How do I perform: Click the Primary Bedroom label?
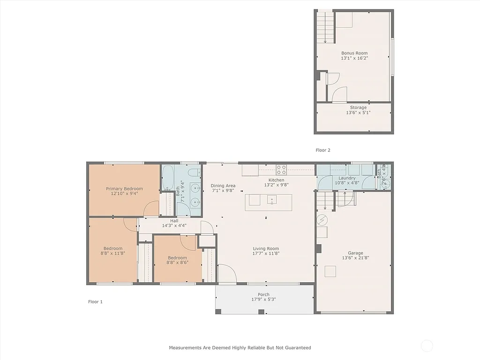(x=124, y=188)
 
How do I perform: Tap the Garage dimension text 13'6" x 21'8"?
(x=355, y=258)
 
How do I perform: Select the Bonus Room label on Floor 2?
(x=354, y=53)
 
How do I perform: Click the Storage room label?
(x=358, y=107)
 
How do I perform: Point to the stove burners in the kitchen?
(x=281, y=169)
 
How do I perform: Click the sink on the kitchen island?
(x=272, y=200)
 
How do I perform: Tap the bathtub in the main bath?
(x=169, y=178)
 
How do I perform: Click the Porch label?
(x=263, y=294)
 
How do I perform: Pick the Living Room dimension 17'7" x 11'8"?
(x=266, y=254)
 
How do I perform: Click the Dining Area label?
(x=223, y=186)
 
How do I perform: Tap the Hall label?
(x=174, y=220)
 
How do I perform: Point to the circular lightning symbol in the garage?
(x=322, y=219)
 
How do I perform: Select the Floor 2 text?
(x=323, y=150)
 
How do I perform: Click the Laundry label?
(x=347, y=178)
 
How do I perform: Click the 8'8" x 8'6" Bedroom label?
(x=177, y=258)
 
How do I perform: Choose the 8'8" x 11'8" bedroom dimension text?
(x=113, y=253)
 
